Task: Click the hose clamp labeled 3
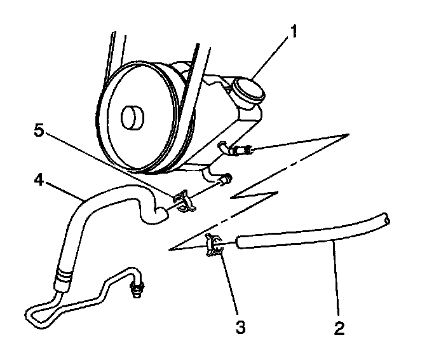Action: tap(215, 246)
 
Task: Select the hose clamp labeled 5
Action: tap(182, 200)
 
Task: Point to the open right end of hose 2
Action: tap(385, 219)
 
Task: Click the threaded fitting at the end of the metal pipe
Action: tap(135, 290)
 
